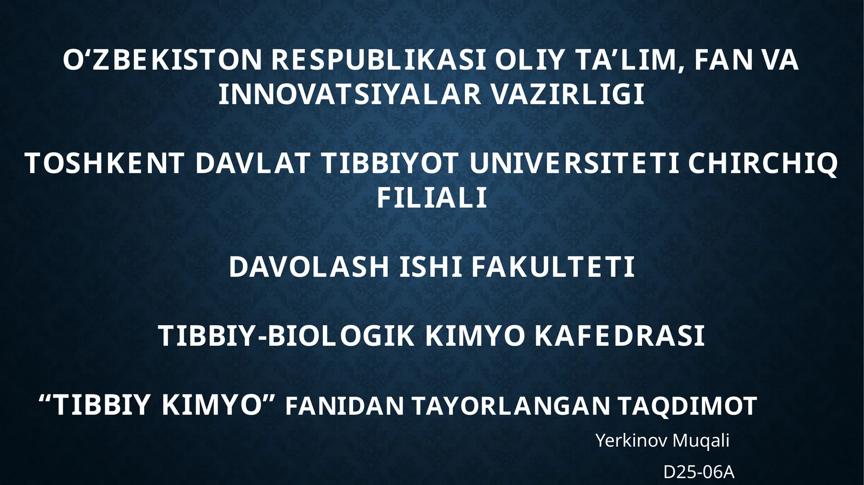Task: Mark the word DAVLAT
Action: pyautogui.click(x=253, y=164)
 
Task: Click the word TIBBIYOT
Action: pyautogui.click(x=390, y=164)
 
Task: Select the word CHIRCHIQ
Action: pyautogui.click(x=763, y=164)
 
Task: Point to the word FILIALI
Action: pyautogui.click(x=432, y=198)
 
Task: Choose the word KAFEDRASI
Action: pyautogui.click(x=620, y=336)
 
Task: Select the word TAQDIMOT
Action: pyautogui.click(x=687, y=406)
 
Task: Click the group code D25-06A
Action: pyautogui.click(x=699, y=473)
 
